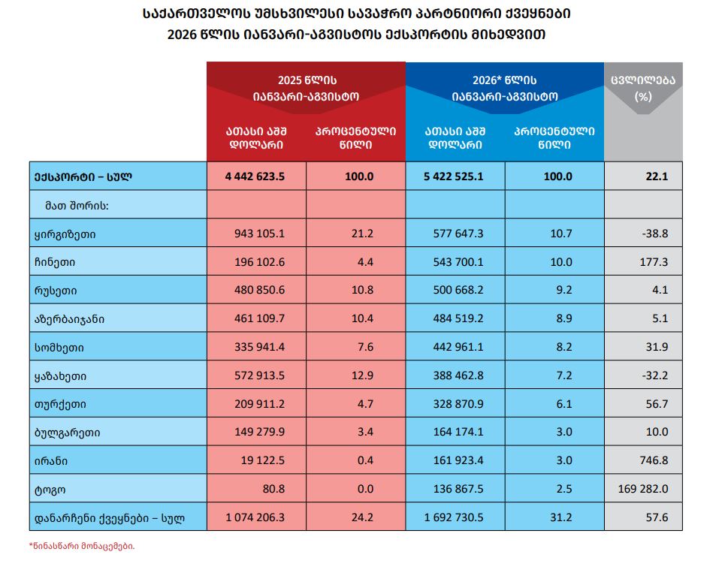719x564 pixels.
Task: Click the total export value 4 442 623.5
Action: [255, 176]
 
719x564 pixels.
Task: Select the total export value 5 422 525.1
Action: [454, 176]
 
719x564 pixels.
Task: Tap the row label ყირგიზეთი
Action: [65, 235]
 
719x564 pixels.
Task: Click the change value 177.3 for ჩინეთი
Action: [654, 262]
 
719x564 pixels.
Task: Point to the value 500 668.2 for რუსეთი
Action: [458, 290]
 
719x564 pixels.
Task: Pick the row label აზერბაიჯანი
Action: [69, 319]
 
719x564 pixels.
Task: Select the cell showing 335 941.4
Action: [259, 347]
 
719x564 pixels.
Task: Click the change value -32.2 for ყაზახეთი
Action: [655, 375]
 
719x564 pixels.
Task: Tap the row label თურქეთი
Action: [60, 405]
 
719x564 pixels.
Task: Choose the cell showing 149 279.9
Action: [259, 432]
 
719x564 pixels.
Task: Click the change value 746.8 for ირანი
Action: [654, 460]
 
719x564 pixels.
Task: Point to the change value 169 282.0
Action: [643, 489]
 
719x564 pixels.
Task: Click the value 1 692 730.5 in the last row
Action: [454, 517]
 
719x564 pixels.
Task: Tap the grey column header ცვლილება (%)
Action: [643, 89]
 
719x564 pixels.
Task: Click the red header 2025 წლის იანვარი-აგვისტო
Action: [306, 89]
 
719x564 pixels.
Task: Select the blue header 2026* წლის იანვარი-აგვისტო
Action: [504, 89]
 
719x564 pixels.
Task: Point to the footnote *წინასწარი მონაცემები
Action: [82, 546]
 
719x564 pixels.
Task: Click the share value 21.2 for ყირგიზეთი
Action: [362, 234]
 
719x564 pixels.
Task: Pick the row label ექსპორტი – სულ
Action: [83, 177]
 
